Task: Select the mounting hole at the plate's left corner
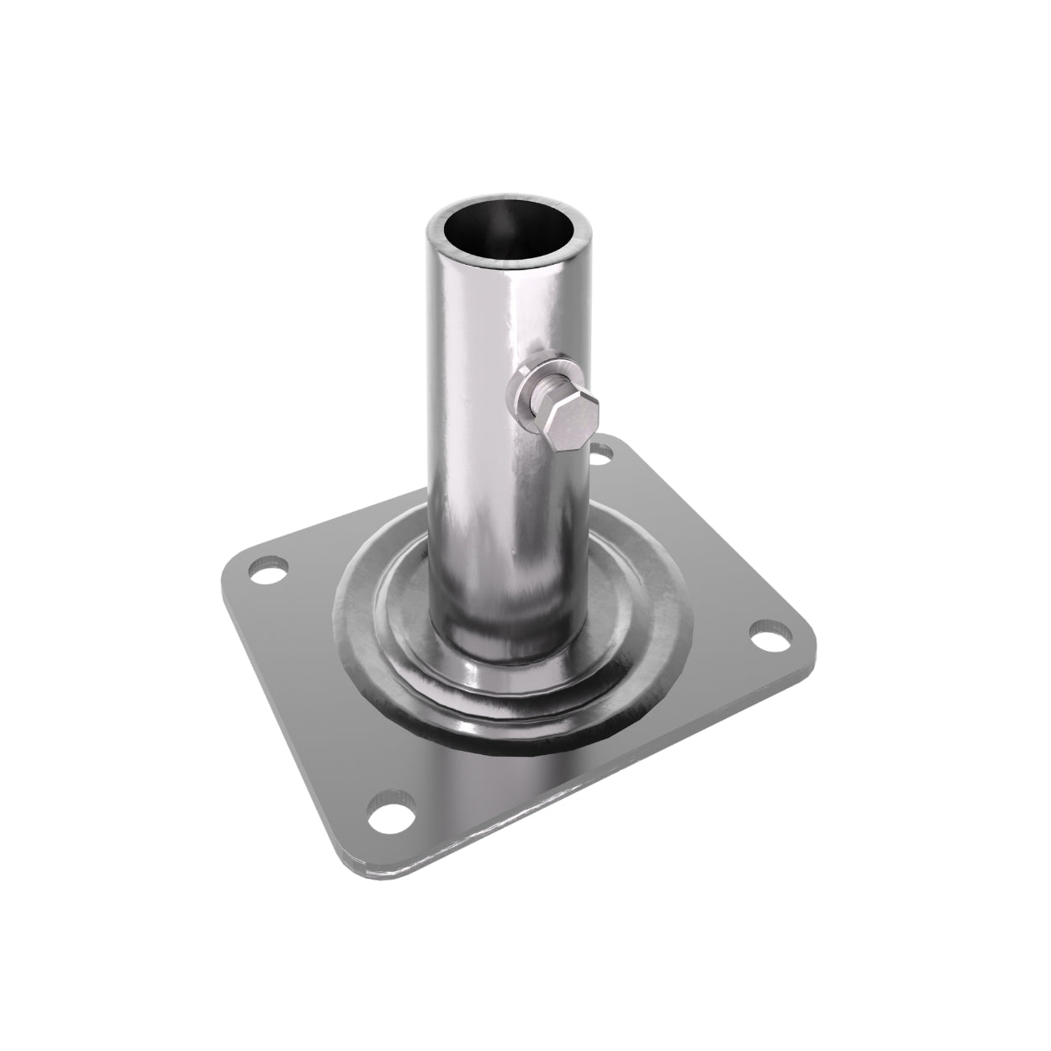click(268, 576)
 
